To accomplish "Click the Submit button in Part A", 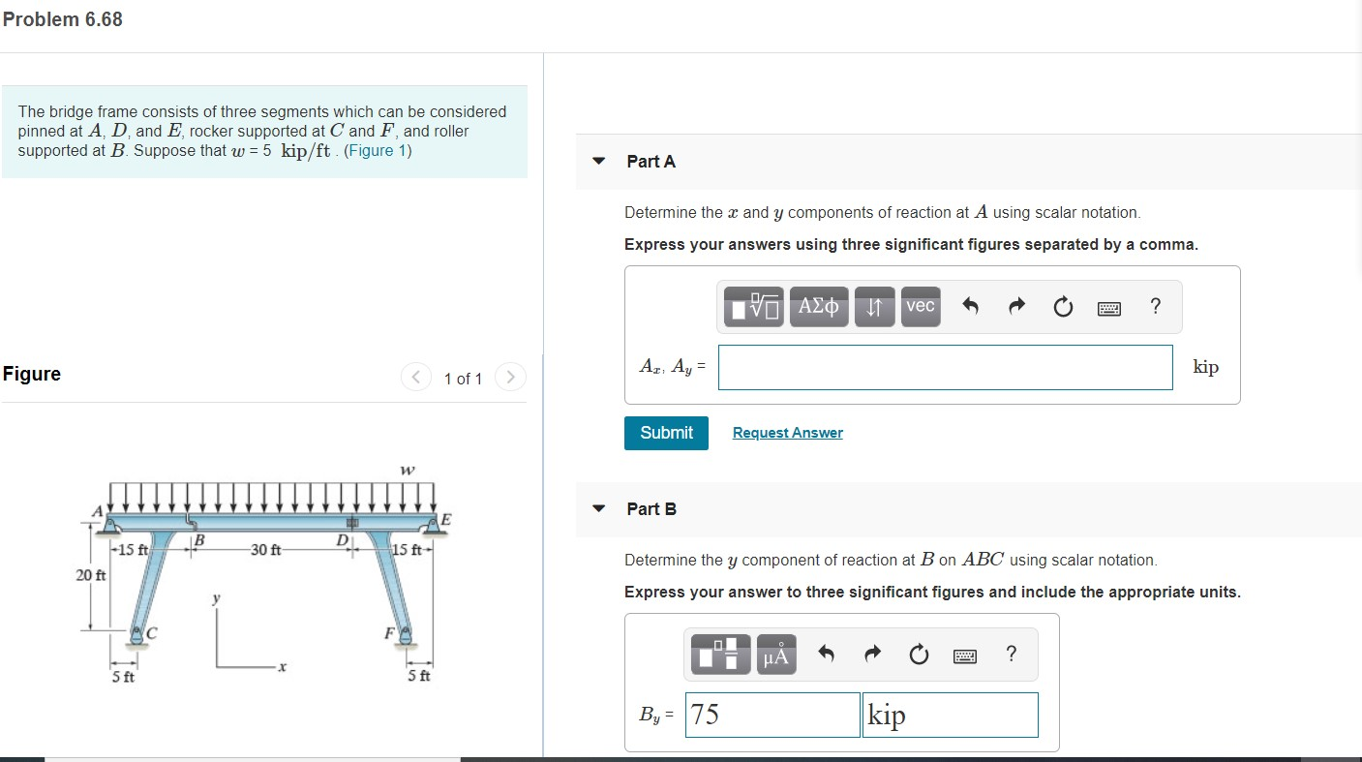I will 666,433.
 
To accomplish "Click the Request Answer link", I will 787,433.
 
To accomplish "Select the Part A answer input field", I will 945,367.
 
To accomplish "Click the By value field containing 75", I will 772,715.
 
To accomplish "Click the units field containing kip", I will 949,715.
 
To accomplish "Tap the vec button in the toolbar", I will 920,306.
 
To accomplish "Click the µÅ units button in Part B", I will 775,655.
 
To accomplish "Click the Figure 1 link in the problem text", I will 377,150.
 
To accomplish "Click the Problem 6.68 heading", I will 62,19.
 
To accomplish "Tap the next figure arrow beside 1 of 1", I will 510,377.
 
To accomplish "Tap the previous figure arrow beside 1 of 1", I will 415,377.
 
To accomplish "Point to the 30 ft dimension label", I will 265,550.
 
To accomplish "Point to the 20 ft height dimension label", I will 91,575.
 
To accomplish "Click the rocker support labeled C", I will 139,634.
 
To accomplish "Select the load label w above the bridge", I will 407,471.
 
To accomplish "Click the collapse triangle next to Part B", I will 599,508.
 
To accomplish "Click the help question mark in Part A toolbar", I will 1155,306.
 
